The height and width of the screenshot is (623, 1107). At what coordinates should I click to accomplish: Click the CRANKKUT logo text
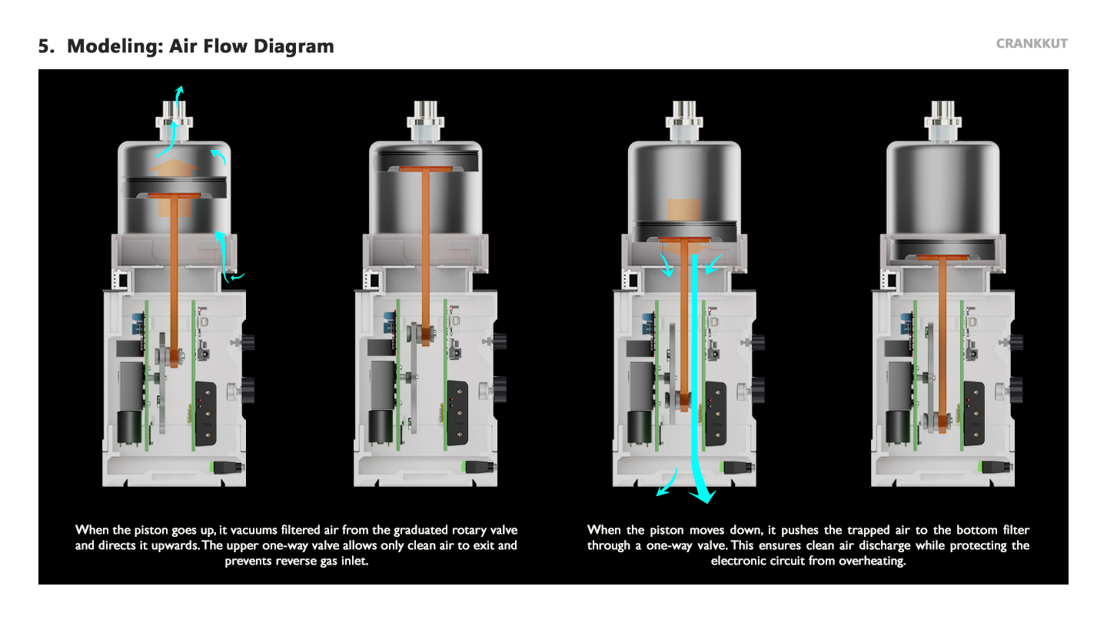(1032, 44)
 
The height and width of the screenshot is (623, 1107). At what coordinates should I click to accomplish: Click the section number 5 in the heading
(46, 46)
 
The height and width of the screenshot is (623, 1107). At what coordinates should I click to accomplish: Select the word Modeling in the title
(115, 46)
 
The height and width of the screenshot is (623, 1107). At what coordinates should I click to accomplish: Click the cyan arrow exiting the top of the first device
(179, 97)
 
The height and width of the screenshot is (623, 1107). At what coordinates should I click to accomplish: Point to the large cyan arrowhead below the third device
(703, 496)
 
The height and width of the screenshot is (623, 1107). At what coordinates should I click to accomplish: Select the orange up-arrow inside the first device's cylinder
(175, 168)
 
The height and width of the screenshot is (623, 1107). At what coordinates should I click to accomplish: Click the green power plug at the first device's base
(227, 468)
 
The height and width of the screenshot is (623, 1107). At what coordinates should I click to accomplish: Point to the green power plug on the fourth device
(996, 468)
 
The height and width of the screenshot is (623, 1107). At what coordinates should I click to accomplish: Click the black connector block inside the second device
(457, 413)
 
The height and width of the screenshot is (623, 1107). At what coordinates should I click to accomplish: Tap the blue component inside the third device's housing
(648, 323)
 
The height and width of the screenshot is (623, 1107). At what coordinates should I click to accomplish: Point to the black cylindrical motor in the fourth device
(897, 427)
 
